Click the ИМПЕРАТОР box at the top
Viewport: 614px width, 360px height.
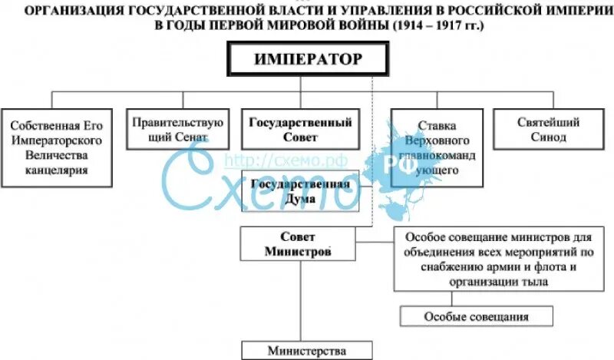(x=306, y=58)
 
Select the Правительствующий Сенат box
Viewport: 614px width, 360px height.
(x=177, y=130)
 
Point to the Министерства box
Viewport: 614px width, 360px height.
(x=307, y=350)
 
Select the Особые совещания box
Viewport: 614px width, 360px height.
(x=476, y=316)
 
